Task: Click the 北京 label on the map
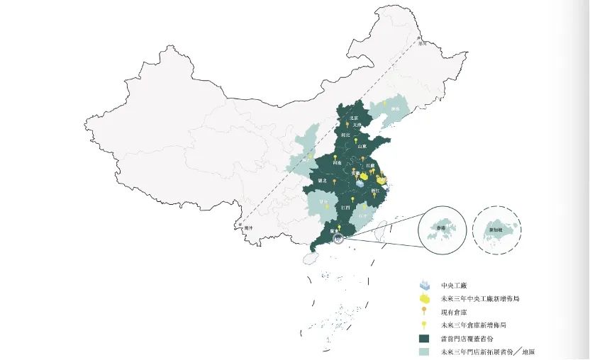coord(354,118)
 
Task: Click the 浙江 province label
coord(375,191)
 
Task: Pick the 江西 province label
coord(345,207)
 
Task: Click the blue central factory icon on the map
coord(360,184)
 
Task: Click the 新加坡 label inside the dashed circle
coord(494,230)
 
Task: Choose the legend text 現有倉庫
coord(454,313)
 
